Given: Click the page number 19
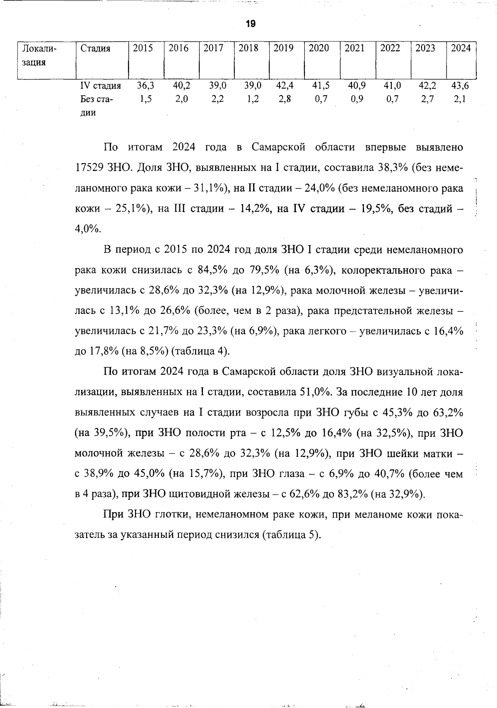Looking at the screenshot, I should (x=251, y=24).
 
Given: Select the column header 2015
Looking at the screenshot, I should (x=143, y=48).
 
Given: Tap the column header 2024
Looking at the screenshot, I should (x=461, y=48).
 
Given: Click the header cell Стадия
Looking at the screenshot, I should (x=95, y=48).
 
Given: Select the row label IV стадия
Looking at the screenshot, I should (x=100, y=86).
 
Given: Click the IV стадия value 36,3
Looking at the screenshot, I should (x=145, y=86).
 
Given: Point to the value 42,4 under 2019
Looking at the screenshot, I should (x=285, y=86).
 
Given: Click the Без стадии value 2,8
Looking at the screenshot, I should (x=285, y=99).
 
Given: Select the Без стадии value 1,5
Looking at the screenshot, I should (x=145, y=99).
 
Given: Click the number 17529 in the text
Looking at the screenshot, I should (x=89, y=168).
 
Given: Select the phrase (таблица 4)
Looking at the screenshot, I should (x=200, y=352).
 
